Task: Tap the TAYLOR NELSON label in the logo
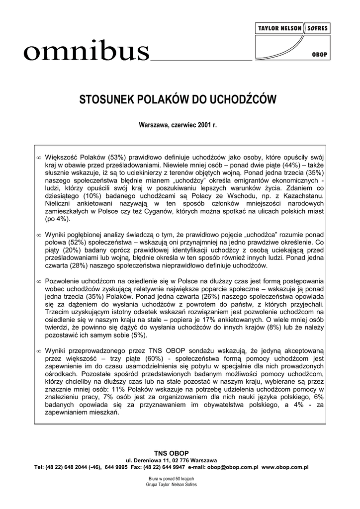click(x=279, y=28)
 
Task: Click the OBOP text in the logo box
click(x=319, y=55)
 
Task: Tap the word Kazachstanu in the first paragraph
click(x=304, y=195)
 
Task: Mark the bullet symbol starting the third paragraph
click(x=39, y=282)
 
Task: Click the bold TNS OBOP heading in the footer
click(x=179, y=454)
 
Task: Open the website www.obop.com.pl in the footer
click(x=285, y=467)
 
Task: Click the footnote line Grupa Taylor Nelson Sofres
click(x=172, y=484)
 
